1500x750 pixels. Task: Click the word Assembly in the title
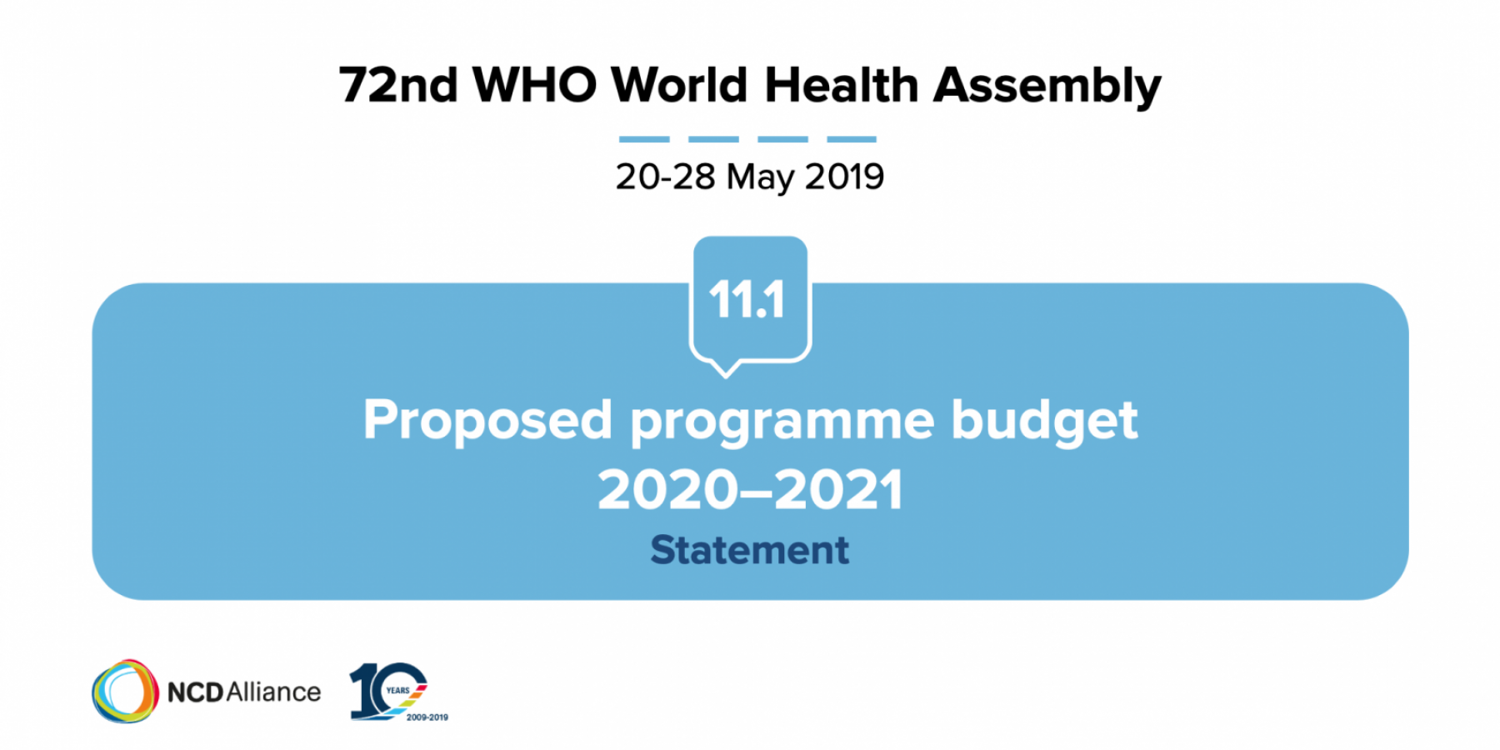[1047, 86]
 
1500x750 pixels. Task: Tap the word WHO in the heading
[534, 85]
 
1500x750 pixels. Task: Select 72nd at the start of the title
[398, 85]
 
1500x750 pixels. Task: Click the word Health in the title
[842, 85]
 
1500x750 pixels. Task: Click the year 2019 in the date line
[844, 177]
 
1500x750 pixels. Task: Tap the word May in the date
[759, 178]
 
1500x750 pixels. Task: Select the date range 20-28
[665, 177]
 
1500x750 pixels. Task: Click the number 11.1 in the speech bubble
[747, 300]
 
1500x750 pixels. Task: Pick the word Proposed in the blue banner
[488, 421]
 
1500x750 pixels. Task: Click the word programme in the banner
[782, 423]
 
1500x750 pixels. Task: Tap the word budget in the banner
[1044, 421]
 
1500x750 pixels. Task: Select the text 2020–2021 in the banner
[750, 490]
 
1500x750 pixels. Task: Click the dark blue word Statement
[750, 550]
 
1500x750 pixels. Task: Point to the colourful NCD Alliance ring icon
[125, 691]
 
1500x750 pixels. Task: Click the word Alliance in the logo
[273, 692]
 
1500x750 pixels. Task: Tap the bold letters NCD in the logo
[196, 692]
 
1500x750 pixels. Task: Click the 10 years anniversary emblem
[388, 690]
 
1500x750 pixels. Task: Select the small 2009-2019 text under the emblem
[427, 717]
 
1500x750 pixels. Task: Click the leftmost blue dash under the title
[644, 139]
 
